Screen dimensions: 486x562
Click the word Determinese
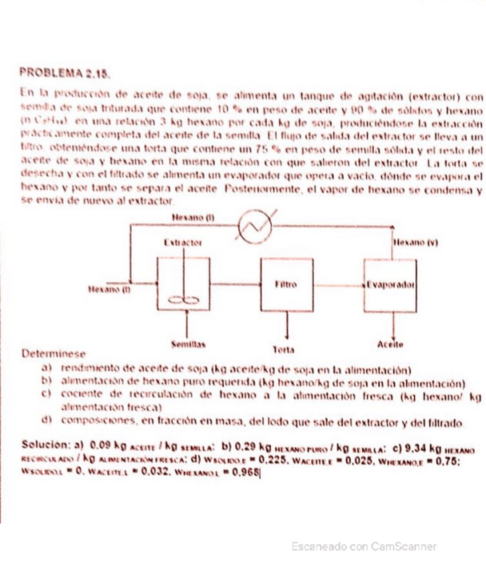pyautogui.click(x=52, y=356)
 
